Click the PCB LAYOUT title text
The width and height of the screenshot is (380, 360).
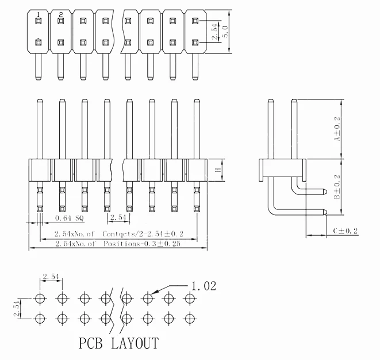[118, 344]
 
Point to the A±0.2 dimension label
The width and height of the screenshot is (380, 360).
[337, 129]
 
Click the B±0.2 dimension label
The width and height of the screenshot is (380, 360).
[337, 187]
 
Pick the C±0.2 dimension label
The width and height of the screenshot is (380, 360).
[346, 231]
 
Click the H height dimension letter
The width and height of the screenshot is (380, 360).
[217, 170]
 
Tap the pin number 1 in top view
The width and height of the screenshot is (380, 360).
[39, 14]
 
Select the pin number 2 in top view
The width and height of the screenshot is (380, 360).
[61, 14]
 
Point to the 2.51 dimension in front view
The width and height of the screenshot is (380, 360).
[119, 219]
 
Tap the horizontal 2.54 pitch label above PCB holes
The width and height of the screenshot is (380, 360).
[51, 277]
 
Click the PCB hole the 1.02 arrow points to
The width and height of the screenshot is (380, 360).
[148, 298]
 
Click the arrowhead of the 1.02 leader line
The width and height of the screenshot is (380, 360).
[155, 294]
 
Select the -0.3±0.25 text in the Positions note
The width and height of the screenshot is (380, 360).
[163, 244]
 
